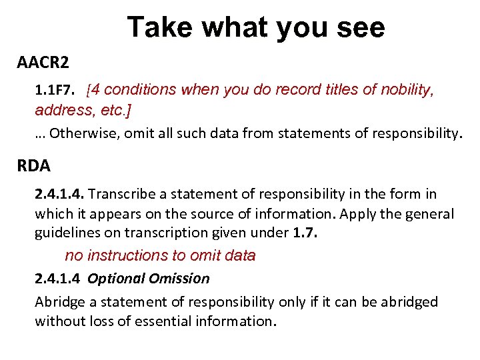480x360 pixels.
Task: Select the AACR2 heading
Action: click(43, 63)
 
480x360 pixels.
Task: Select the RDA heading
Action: click(34, 165)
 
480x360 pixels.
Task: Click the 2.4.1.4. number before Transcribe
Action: click(59, 195)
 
